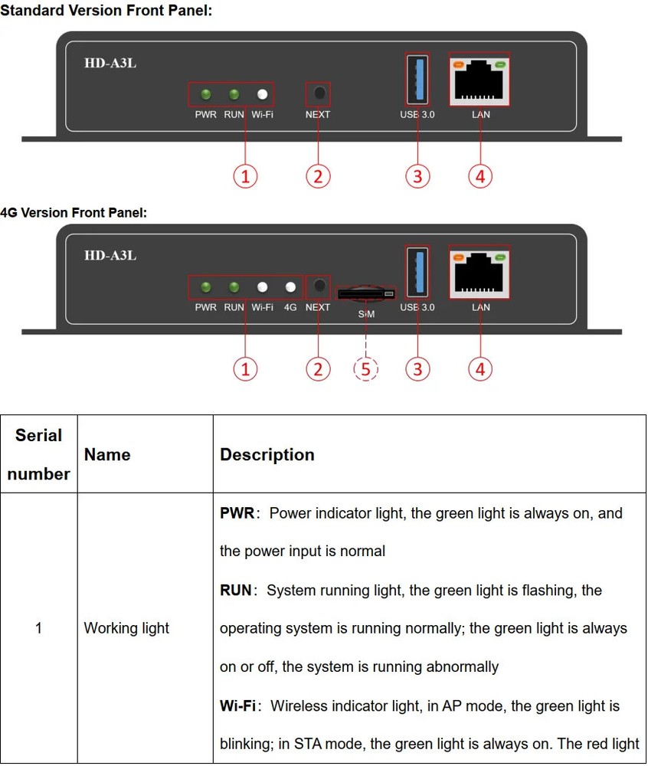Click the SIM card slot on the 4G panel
(x=366, y=293)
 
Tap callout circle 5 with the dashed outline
(x=366, y=369)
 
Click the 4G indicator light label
(x=290, y=308)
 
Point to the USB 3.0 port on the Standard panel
(x=417, y=79)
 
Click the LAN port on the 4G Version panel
(x=480, y=272)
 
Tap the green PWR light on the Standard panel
(x=205, y=95)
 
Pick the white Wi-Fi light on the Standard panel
(x=263, y=95)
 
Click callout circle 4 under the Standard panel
(x=479, y=176)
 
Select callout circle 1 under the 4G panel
(x=245, y=369)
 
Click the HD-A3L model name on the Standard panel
(x=110, y=63)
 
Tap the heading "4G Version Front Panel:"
(x=74, y=212)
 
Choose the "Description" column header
(x=267, y=454)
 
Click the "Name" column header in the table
(x=107, y=454)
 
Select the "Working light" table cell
(x=126, y=628)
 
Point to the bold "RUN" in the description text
(x=236, y=590)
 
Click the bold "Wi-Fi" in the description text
(x=237, y=705)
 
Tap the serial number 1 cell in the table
(x=38, y=628)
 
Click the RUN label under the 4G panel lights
(x=234, y=308)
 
